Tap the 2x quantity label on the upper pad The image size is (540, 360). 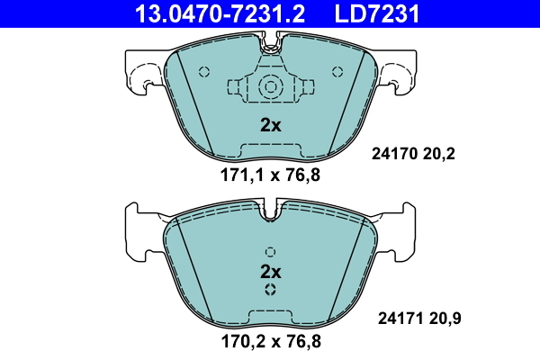click(x=270, y=125)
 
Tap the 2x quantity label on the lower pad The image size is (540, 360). click(x=270, y=271)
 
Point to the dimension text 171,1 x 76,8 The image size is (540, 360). click(x=270, y=175)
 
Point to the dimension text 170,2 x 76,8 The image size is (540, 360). click(x=270, y=341)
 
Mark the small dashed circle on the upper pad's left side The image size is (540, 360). click(x=204, y=72)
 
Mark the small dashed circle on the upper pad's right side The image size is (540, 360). click(x=337, y=72)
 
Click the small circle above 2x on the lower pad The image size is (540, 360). click(x=270, y=251)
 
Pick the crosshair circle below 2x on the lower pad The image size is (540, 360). click(x=270, y=290)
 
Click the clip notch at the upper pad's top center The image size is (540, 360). click(x=270, y=41)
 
